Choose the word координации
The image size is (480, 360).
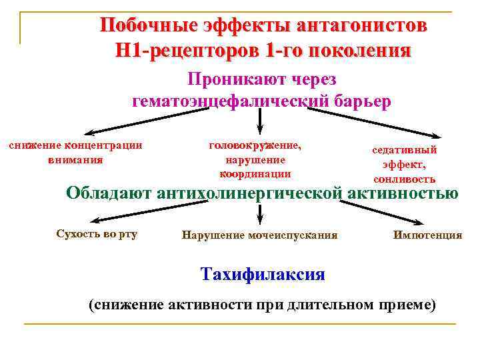coord(255,174)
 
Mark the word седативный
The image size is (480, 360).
coord(405,150)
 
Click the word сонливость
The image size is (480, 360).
coord(405,179)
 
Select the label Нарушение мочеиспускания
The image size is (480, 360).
coord(259,235)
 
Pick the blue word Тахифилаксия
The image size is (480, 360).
coord(263,274)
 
